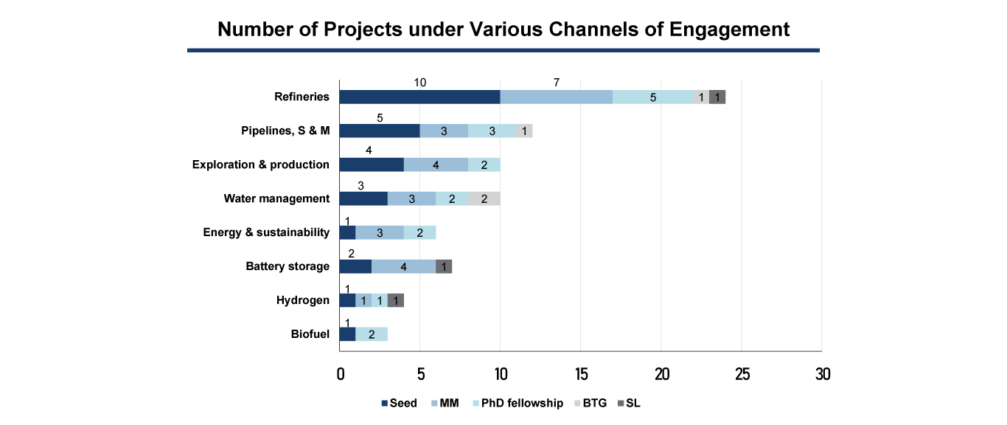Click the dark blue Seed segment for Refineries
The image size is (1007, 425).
(x=419, y=97)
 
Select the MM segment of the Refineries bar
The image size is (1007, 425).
(x=556, y=97)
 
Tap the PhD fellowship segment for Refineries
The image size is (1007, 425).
(x=652, y=97)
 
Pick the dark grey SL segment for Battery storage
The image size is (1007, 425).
(x=444, y=266)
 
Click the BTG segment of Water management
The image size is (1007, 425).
(x=484, y=198)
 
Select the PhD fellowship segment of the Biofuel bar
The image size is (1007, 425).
(x=372, y=334)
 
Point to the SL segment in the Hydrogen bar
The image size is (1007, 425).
(x=396, y=300)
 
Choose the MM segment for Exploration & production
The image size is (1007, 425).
(x=436, y=165)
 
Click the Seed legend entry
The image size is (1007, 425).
(x=399, y=403)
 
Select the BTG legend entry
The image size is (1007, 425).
(x=590, y=403)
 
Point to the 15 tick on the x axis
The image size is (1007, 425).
(x=581, y=373)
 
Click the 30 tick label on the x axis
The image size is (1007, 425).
(x=822, y=373)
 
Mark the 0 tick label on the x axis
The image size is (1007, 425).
(x=340, y=373)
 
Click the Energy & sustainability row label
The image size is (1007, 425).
(x=266, y=232)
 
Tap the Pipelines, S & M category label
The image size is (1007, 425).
(x=285, y=131)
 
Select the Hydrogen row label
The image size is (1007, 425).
(x=303, y=300)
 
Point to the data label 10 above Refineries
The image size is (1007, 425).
(x=419, y=82)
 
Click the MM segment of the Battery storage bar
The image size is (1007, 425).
(x=403, y=266)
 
